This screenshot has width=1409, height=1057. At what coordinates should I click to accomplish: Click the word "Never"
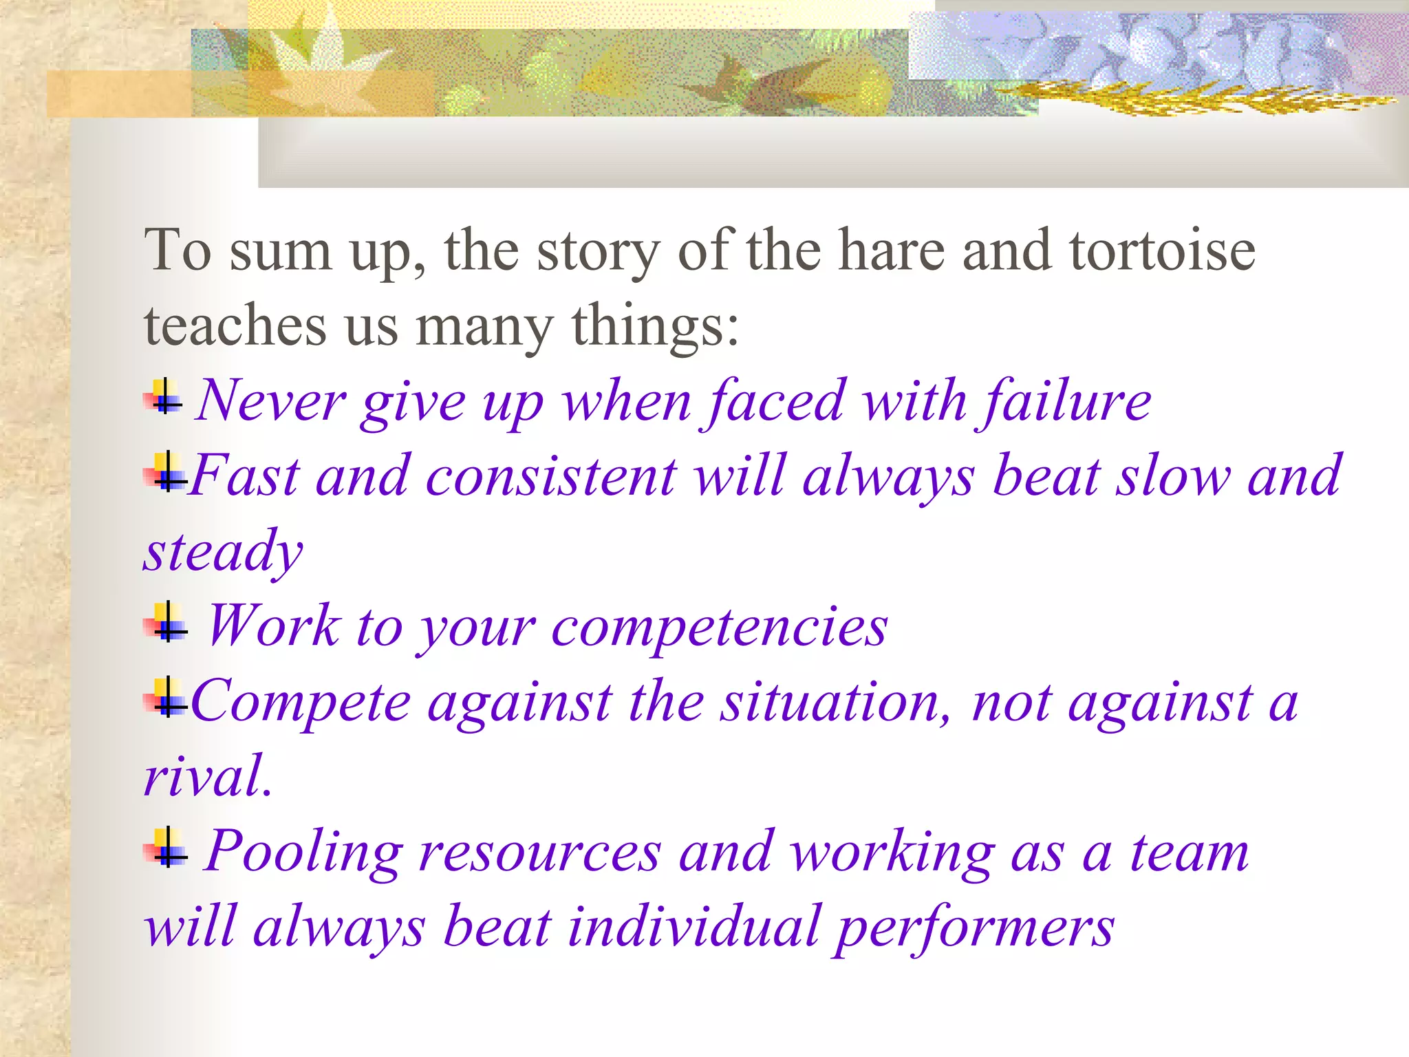click(270, 401)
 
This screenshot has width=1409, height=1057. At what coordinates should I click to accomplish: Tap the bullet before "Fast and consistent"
click(165, 473)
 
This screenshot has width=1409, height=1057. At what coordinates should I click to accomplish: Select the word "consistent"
click(551, 476)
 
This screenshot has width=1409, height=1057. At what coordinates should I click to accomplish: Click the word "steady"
click(223, 552)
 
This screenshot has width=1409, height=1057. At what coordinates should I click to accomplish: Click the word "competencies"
click(719, 628)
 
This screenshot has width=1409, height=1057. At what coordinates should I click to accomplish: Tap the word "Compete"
click(301, 703)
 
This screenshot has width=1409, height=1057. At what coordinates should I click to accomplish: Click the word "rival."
click(208, 776)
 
